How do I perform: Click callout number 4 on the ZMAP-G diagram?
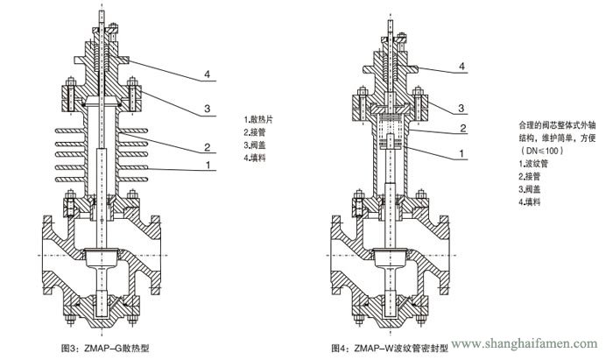click(206, 75)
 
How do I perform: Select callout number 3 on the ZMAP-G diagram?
click(206, 108)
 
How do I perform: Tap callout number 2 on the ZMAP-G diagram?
click(206, 145)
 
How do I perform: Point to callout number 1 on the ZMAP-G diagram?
click(206, 164)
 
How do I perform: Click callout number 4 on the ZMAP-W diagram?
click(461, 67)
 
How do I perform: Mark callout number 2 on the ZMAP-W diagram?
click(461, 129)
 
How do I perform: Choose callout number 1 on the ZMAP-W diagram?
click(461, 154)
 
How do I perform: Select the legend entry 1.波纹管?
click(535, 164)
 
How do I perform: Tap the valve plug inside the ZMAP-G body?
click(98, 257)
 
